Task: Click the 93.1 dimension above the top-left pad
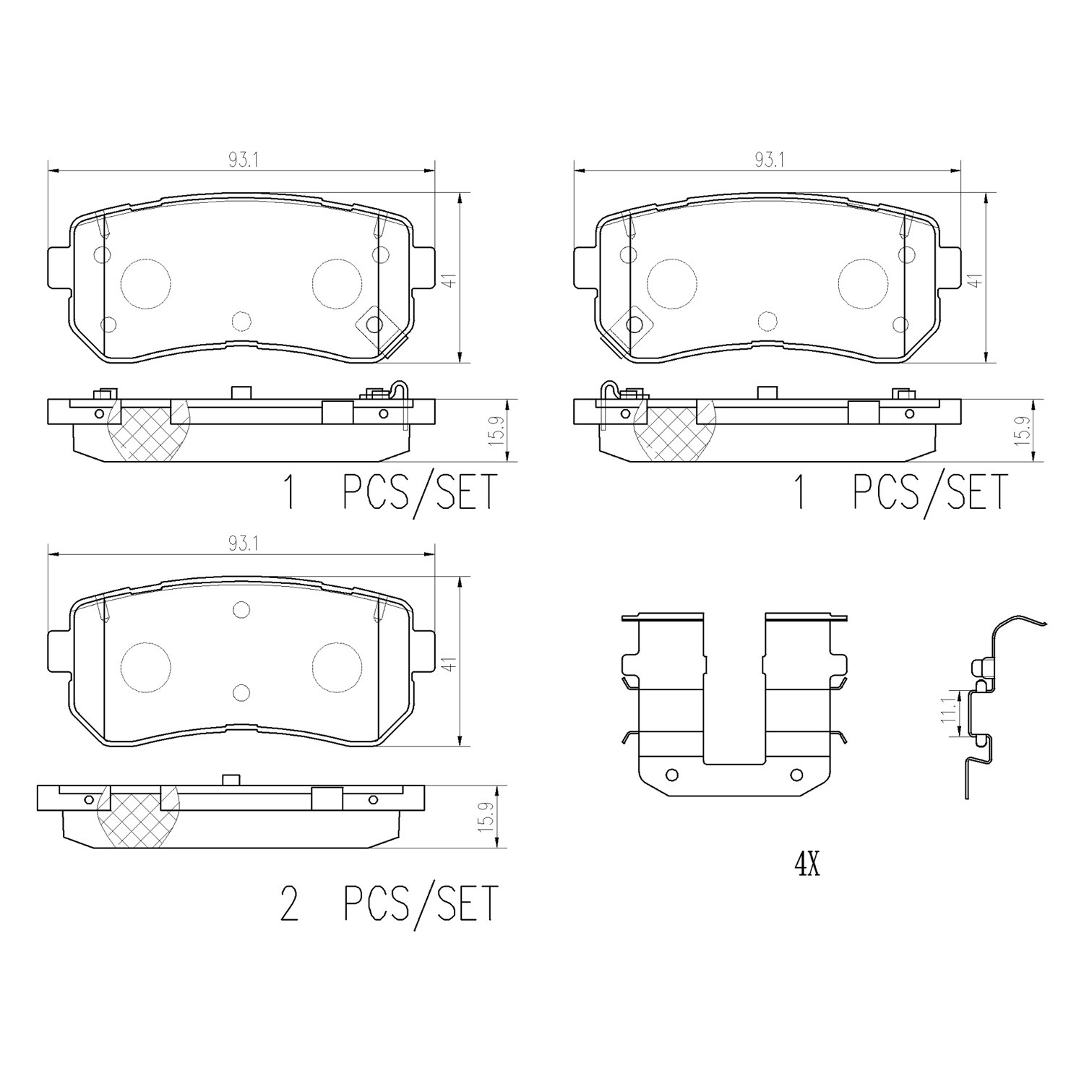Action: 238,160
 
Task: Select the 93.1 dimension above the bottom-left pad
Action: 238,545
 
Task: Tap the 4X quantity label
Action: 807,864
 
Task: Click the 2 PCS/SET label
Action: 390,903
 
